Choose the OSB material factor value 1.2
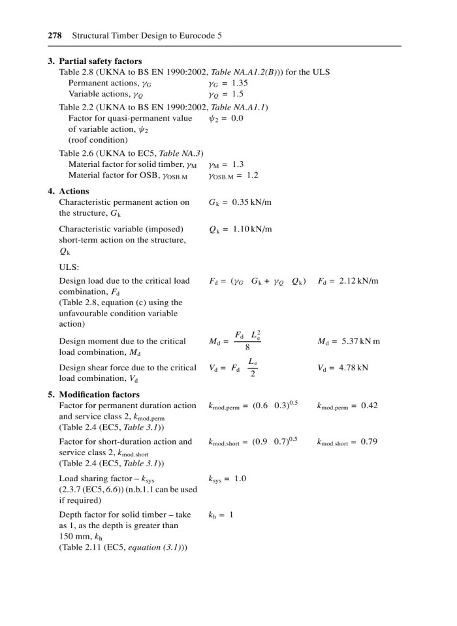click(251, 175)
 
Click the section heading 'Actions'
click(74, 192)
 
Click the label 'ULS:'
click(69, 267)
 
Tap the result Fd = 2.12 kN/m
click(348, 281)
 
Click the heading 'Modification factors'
click(99, 395)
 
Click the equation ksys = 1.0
click(227, 479)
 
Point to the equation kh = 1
click(221, 514)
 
